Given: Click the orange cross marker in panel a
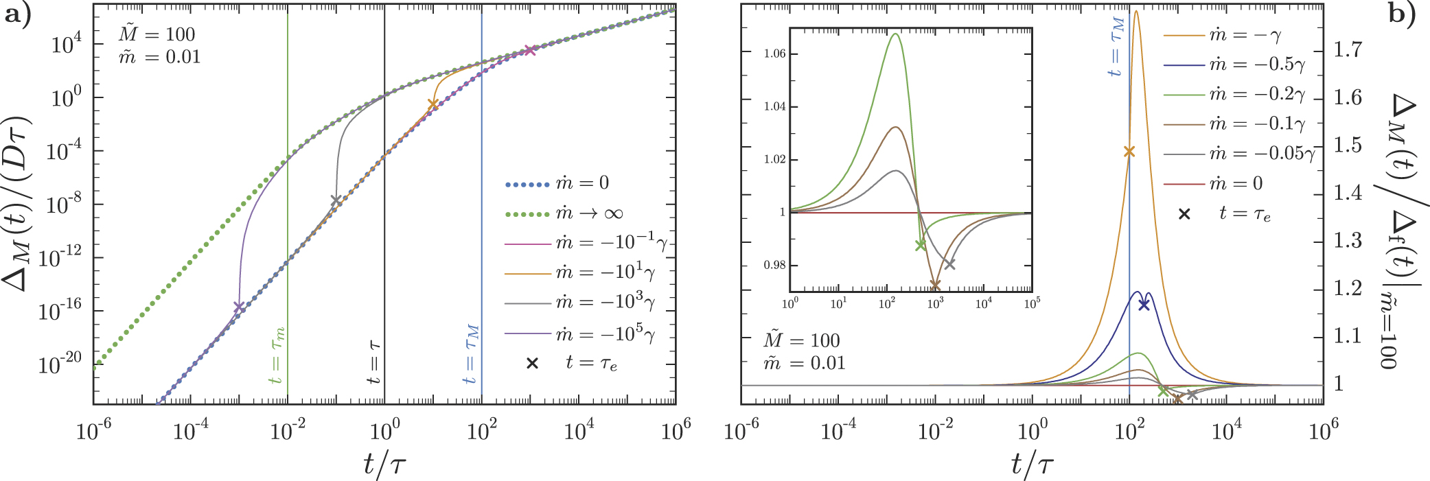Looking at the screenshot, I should (433, 104).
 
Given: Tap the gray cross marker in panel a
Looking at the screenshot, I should (336, 200).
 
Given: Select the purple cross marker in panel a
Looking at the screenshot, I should (238, 306).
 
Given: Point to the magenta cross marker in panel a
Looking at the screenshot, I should (529, 50).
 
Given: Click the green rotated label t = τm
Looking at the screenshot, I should (277, 355).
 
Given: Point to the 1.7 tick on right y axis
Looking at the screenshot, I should (1348, 49).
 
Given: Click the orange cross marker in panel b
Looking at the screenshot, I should (1129, 152).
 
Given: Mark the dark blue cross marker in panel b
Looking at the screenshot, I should (1143, 305).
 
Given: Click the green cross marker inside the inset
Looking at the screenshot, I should (921, 245).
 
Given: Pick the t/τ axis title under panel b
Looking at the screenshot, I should (1032, 465).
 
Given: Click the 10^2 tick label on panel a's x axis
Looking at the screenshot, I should (481, 431).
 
